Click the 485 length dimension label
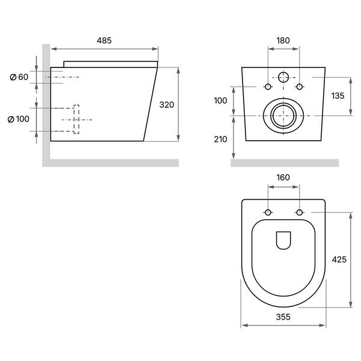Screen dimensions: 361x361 104,40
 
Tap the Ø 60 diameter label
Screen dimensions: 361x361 19,77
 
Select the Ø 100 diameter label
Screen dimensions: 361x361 19,119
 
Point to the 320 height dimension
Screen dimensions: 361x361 167,105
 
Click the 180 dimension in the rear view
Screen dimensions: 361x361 283,40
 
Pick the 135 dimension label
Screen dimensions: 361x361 338,96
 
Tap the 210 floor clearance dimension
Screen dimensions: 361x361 221,140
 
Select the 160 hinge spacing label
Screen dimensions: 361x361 283,177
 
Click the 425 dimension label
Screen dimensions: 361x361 339,260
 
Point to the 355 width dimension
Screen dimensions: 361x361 283,317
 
